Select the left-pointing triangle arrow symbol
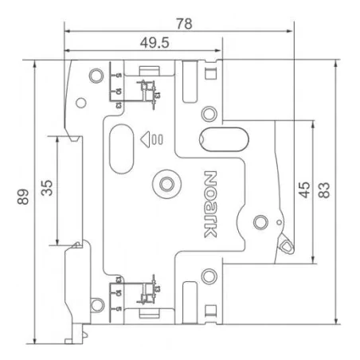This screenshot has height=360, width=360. (146, 140)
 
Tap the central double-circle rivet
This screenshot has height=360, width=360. (166, 184)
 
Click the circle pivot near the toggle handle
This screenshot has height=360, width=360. (259, 221)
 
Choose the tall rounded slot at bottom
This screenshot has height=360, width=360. (191, 296)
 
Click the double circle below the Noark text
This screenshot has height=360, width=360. (209, 276)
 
